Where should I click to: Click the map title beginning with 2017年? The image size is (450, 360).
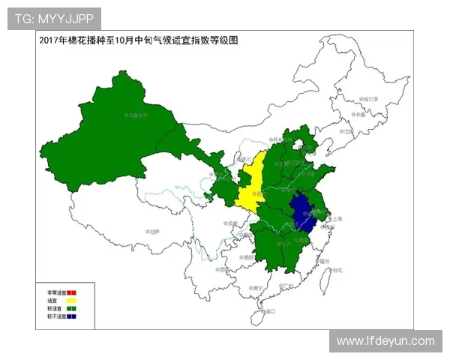[x=138, y=40]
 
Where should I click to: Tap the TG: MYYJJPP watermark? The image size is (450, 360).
[x=54, y=19]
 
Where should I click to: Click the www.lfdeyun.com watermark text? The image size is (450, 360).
[x=385, y=341]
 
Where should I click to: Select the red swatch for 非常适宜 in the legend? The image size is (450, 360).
[x=71, y=292]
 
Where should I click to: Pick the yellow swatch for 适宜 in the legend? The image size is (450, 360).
[x=71, y=300]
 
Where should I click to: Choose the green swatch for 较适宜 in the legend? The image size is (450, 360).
[x=71, y=308]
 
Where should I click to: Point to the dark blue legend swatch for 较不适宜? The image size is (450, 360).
[x=71, y=316]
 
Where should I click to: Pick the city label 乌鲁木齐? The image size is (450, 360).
[x=136, y=115]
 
